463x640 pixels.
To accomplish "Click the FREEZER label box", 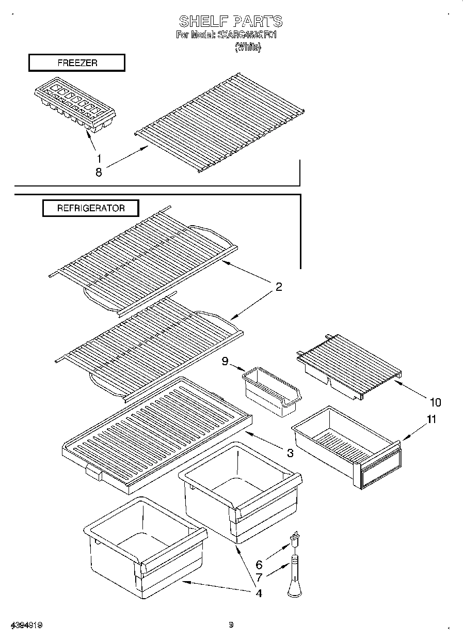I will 76,63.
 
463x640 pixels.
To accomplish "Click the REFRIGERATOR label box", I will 90,208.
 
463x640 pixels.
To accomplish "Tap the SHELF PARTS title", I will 231,21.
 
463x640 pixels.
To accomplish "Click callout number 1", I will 99,159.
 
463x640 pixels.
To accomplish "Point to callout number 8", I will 99,173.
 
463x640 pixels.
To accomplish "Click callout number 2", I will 279,287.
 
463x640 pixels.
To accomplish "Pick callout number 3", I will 290,453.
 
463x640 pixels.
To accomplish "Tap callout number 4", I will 258,593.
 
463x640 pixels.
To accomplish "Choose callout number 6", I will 259,565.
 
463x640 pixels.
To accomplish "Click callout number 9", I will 225,362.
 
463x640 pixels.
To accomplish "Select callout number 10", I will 435,402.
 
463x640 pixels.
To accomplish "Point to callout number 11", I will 431,419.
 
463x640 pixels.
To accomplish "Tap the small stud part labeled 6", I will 296,538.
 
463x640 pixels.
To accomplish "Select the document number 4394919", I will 25,625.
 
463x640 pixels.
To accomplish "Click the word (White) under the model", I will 248,47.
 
